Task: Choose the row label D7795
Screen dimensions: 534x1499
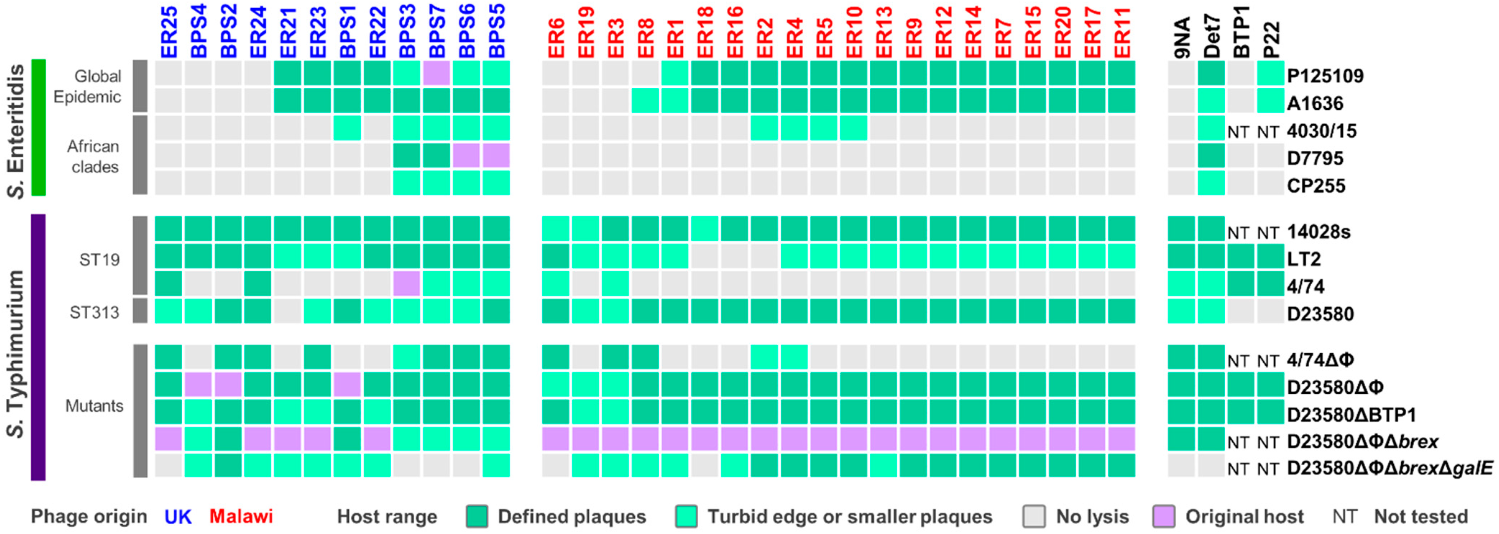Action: (1315, 158)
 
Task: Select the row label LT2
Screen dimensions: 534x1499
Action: (1303, 259)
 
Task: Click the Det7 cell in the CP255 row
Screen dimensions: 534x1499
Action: (1211, 183)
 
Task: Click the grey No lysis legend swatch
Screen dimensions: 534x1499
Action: (1034, 516)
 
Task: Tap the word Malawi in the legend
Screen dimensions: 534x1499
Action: (241, 516)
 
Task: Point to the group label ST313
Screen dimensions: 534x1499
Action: (94, 313)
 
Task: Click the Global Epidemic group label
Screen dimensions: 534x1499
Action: (87, 86)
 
